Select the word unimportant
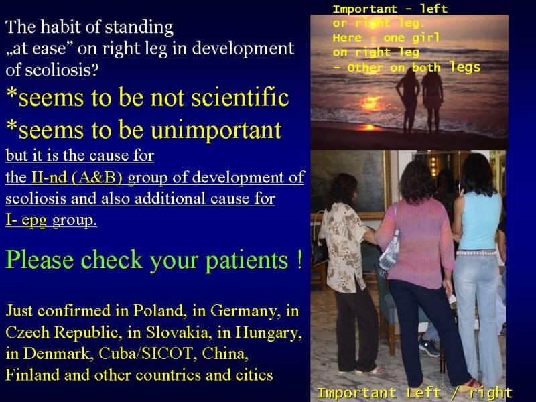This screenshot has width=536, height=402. point(216,131)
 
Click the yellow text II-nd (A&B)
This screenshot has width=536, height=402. point(77,177)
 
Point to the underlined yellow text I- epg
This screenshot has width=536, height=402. point(26,220)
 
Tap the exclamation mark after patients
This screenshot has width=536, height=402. point(299,259)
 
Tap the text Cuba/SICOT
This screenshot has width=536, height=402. point(145,354)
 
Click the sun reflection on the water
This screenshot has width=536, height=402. point(371,103)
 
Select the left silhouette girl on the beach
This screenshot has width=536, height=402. point(408,100)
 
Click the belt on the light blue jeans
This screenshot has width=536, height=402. point(476,253)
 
